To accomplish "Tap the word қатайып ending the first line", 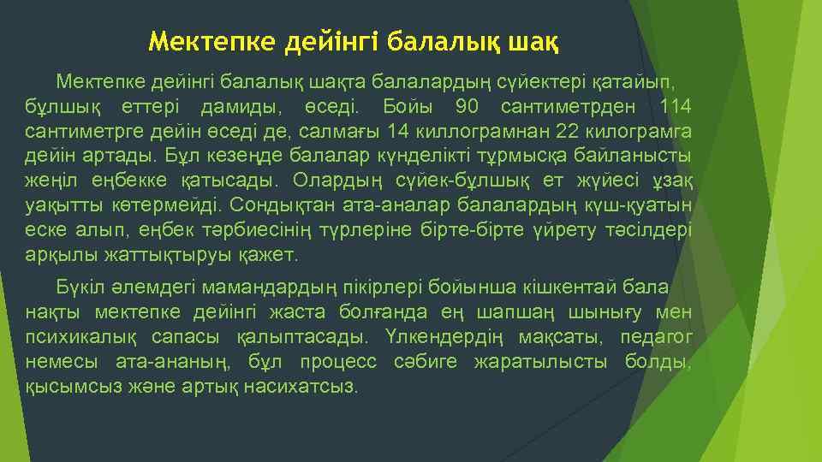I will click(634, 82).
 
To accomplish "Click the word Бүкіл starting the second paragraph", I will click(78, 286).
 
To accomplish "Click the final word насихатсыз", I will click(300, 385).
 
